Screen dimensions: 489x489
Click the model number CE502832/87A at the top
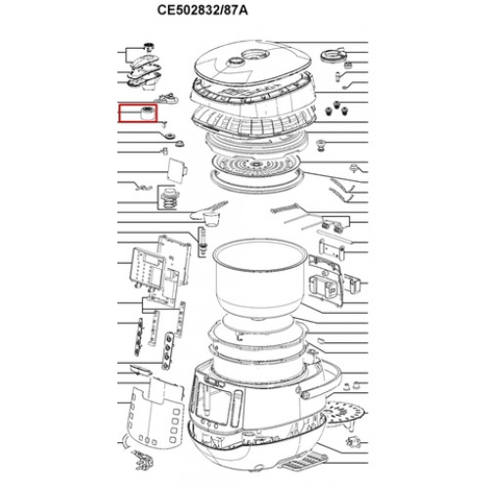click(x=202, y=10)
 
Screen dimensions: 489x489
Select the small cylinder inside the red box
click(x=148, y=112)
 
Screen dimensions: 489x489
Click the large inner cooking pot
click(x=259, y=280)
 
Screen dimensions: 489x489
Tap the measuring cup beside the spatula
click(x=210, y=219)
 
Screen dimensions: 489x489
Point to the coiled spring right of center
click(x=284, y=208)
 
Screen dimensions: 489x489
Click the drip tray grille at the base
click(x=302, y=462)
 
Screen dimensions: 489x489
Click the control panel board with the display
click(x=148, y=268)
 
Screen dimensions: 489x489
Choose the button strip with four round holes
click(x=168, y=351)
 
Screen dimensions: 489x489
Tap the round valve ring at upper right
click(x=332, y=56)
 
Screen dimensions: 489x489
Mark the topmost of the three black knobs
click(x=336, y=106)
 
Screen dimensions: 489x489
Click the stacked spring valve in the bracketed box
click(x=169, y=198)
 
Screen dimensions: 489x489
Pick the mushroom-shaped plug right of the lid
click(x=322, y=145)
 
